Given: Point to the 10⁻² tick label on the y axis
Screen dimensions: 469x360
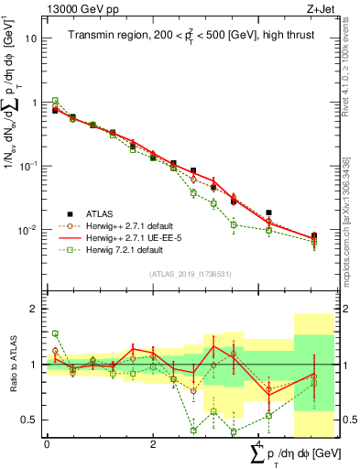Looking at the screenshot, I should pyautogui.click(x=28, y=229).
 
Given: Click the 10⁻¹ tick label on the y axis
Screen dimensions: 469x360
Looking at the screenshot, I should pyautogui.click(x=28, y=166).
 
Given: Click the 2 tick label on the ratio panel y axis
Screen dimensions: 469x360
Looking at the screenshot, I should pyautogui.click(x=35, y=309).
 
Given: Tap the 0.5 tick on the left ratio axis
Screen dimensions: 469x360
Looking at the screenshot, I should pyautogui.click(x=31, y=420).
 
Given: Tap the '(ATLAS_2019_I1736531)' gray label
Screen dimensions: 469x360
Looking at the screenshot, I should pyautogui.click(x=191, y=274).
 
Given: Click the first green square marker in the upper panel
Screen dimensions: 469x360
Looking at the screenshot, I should pyautogui.click(x=55, y=101).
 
